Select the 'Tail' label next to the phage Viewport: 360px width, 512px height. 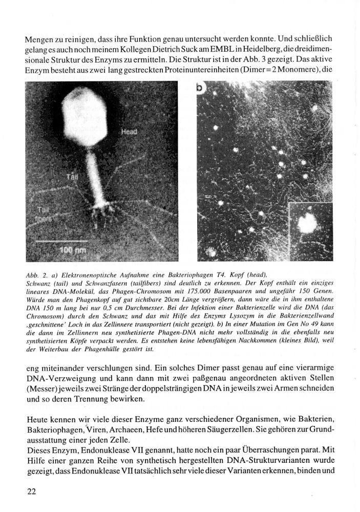click(x=72, y=177)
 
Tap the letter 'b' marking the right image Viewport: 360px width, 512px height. click(x=200, y=88)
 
